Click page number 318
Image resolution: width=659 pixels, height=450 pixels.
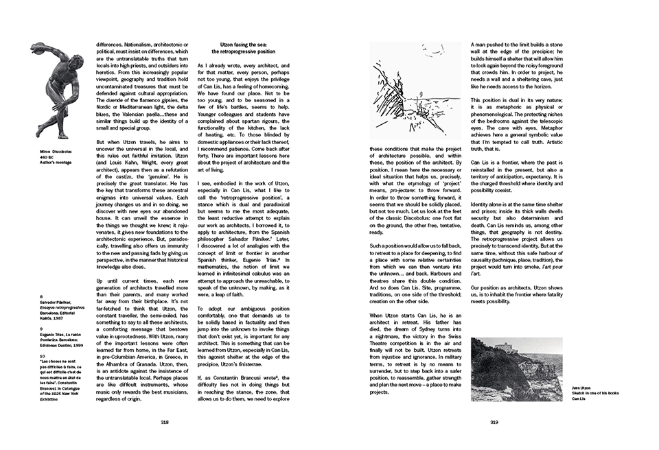coord(165,423)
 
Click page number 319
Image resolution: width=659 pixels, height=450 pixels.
coord(494,423)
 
